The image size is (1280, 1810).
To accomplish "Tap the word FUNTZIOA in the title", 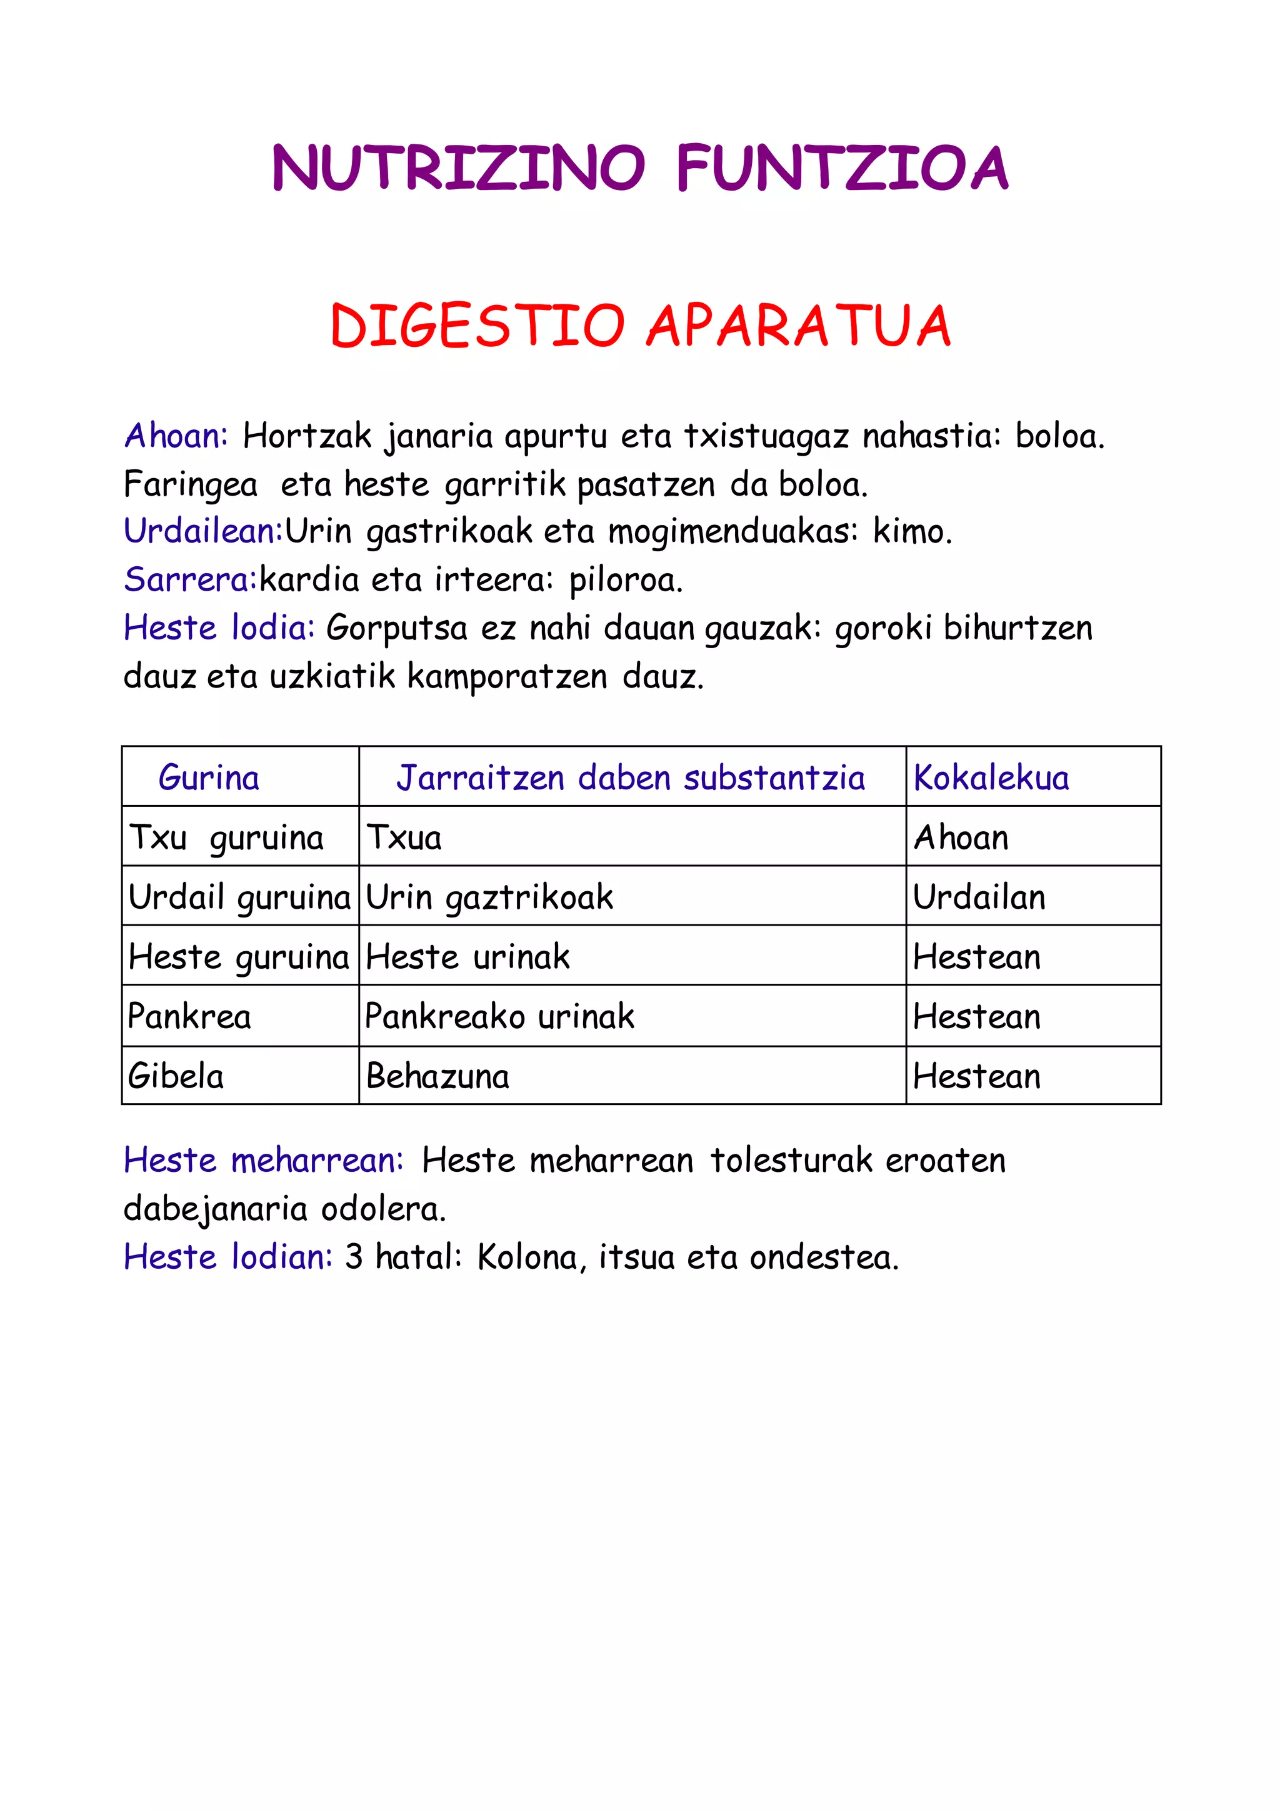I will coord(842,168).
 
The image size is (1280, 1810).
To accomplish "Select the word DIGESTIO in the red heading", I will coord(477,326).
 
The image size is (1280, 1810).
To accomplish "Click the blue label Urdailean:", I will coord(203,531).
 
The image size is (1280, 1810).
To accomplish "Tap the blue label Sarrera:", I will coord(190,579).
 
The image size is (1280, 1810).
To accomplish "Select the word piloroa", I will coord(626,580).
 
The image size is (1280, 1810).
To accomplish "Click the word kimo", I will coord(912,532).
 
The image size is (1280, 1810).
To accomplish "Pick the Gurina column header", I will coord(209,778).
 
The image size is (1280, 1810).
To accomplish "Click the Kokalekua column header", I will coord(991,778).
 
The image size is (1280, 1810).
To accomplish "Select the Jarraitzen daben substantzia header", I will coord(631,778).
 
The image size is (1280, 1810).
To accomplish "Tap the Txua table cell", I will coord(404,837).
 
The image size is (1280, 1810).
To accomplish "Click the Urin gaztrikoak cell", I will coord(489,897).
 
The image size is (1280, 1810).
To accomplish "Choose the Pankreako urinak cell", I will coord(500,1017).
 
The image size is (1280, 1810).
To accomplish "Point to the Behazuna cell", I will coord(437,1076).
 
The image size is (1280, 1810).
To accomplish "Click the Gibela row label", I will coord(176,1076).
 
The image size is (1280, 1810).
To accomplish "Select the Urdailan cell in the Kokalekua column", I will coord(979,897).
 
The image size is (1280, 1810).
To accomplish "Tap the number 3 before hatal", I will coord(353,1257).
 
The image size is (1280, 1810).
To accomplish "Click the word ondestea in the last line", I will coord(823,1257).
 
